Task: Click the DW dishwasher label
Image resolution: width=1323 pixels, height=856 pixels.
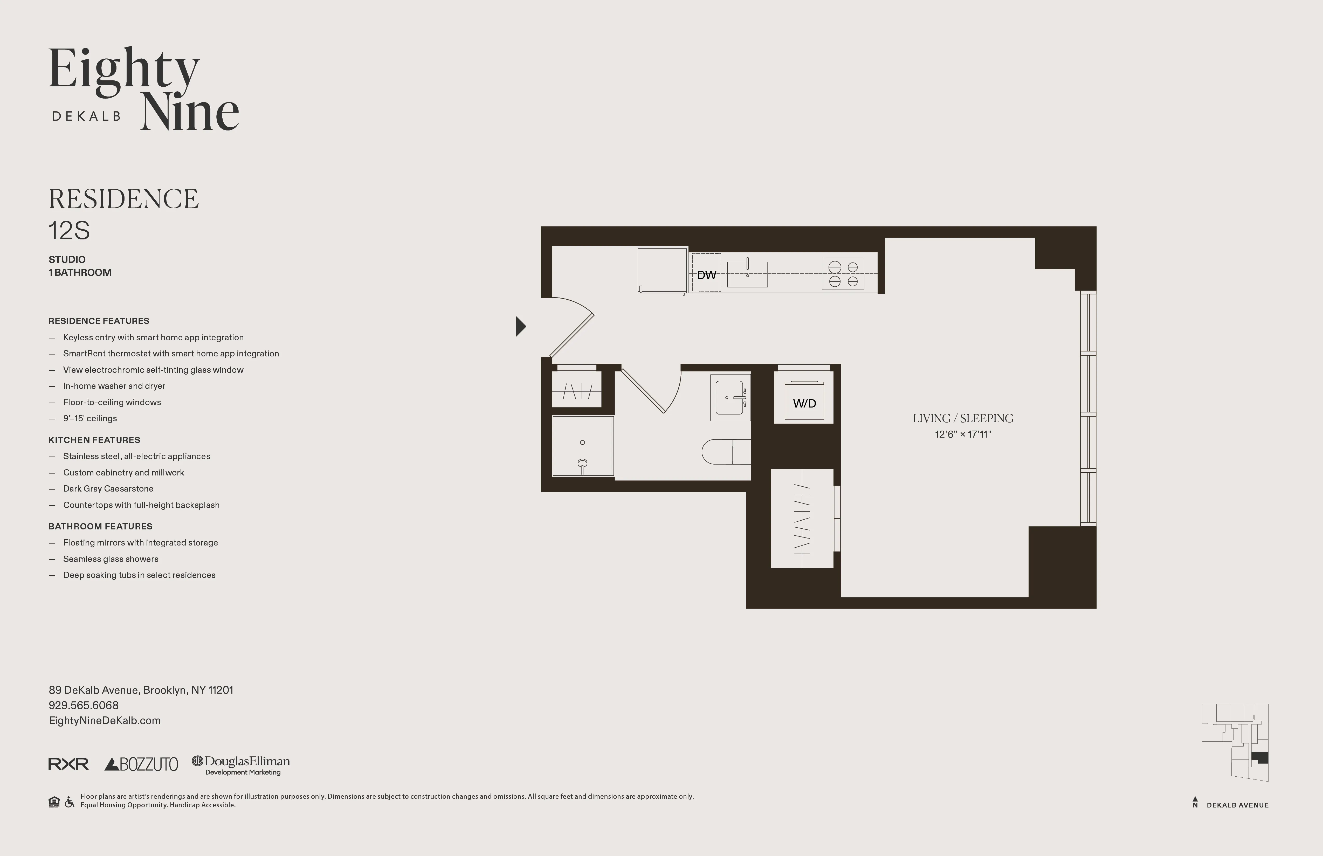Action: (707, 275)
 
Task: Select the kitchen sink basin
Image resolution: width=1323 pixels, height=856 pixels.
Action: (747, 274)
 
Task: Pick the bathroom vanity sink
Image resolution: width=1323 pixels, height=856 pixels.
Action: (730, 397)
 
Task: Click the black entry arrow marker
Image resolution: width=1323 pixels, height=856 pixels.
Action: (521, 326)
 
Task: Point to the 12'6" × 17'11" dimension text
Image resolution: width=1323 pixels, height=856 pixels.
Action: (963, 434)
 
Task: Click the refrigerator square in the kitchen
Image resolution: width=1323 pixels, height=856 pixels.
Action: (661, 270)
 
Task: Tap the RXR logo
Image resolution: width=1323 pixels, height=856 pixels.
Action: (68, 764)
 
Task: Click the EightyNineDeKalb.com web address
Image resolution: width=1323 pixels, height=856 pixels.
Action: (105, 720)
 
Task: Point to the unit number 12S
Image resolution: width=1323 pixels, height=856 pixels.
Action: (69, 231)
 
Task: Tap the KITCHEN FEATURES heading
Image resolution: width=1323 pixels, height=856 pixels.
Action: (94, 440)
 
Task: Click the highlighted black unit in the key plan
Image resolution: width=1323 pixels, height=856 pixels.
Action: (1260, 757)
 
